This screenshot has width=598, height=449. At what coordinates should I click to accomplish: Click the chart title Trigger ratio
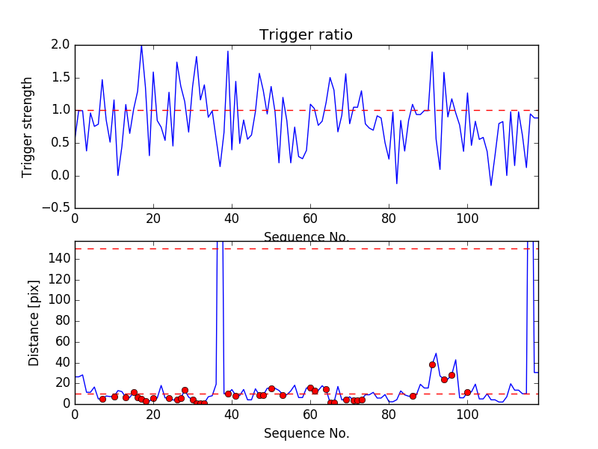click(306, 35)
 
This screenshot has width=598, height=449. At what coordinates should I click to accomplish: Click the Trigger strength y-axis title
click(28, 126)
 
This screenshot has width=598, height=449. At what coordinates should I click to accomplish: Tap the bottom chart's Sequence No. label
click(306, 433)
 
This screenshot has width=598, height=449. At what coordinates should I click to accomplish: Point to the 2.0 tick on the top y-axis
click(61, 45)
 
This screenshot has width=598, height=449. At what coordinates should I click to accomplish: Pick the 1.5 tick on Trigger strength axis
click(61, 78)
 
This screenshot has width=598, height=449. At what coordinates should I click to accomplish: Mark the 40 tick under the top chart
click(232, 219)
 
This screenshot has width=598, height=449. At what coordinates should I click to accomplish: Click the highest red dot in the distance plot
click(432, 364)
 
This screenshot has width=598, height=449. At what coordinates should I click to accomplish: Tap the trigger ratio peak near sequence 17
click(141, 46)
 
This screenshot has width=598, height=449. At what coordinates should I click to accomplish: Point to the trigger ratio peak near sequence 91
click(432, 52)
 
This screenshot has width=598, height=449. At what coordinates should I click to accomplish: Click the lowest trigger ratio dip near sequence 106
click(491, 186)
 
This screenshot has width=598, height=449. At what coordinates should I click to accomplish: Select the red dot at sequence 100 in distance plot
click(467, 392)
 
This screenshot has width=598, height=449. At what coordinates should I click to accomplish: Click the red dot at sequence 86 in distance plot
click(413, 396)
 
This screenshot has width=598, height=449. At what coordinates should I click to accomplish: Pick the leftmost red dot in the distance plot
click(102, 399)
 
